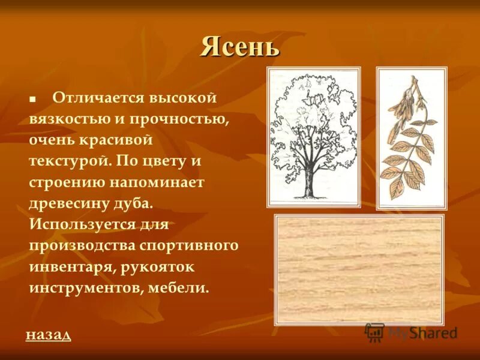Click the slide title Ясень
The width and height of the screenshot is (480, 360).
click(240, 47)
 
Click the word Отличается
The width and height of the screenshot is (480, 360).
click(95, 98)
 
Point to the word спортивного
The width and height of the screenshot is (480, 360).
click(189, 245)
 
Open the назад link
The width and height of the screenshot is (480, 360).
click(48, 335)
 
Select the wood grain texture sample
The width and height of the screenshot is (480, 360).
click(359, 270)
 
